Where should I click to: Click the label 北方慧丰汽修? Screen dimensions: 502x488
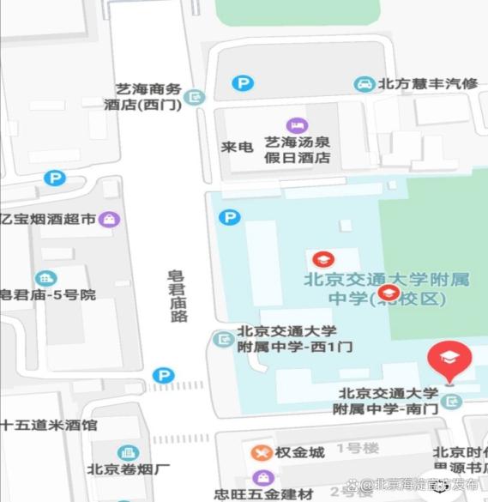(x=428, y=84)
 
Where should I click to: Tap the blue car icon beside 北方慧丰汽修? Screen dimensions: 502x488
(x=364, y=84)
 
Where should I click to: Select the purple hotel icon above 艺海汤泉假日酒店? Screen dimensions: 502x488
(x=297, y=125)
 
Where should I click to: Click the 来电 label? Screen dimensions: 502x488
(x=237, y=147)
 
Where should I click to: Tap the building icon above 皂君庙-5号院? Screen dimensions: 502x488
(x=45, y=277)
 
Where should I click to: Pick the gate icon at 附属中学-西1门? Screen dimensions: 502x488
(x=223, y=339)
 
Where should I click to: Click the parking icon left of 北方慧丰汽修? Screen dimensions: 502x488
(x=244, y=83)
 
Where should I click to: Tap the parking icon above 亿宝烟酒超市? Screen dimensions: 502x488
(x=55, y=178)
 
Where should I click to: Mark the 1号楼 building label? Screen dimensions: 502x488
(x=358, y=448)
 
